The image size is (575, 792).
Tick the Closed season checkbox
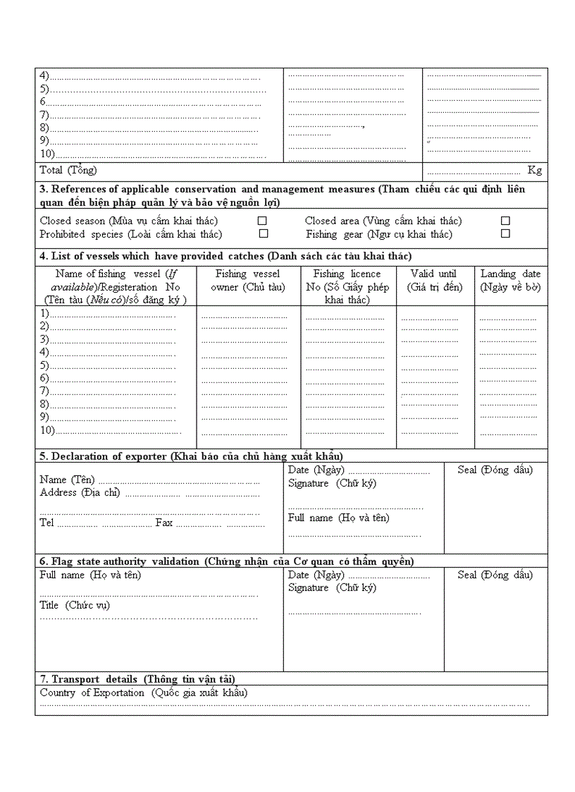(262, 221)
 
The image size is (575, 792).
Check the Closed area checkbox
(505, 221)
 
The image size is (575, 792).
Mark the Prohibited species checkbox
(264, 233)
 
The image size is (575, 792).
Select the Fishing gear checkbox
(505, 233)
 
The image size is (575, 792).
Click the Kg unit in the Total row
(535, 170)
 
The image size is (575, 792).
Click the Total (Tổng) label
(68, 170)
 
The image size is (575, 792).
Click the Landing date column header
(511, 280)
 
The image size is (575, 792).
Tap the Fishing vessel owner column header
(248, 280)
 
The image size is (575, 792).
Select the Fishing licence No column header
(348, 286)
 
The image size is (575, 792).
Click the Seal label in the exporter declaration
(495, 470)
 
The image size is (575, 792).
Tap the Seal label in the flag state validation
(495, 575)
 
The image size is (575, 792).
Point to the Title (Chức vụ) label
(75, 605)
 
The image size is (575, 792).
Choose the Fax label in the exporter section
(164, 523)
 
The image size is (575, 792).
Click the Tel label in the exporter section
(47, 523)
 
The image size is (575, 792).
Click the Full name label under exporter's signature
(339, 518)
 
